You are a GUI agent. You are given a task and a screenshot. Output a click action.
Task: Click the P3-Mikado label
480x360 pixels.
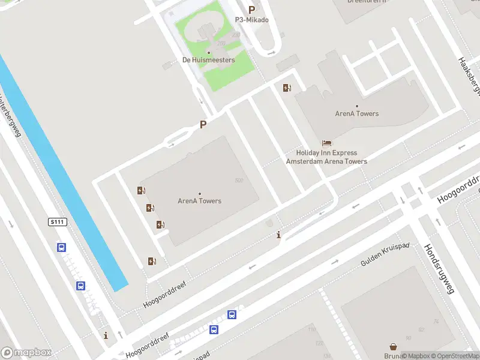tap(251, 20)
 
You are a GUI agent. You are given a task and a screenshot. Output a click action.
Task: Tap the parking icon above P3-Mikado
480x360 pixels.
tap(251, 10)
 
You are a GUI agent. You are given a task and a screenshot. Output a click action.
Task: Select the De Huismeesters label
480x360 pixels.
tap(208, 60)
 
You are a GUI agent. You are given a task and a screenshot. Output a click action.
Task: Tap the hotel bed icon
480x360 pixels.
tap(326, 143)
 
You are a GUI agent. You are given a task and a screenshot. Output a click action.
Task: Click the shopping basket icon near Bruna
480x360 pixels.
tap(393, 347)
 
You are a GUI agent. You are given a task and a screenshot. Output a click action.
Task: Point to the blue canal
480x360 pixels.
tap(66, 180)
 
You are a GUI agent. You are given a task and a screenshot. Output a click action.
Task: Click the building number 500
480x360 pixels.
tap(239, 181)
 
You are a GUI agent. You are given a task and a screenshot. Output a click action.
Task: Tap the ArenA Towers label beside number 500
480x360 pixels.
tap(200, 201)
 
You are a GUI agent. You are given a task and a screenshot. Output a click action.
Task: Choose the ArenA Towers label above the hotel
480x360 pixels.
tap(357, 113)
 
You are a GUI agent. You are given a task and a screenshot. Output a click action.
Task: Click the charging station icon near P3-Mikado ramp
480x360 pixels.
tap(287, 88)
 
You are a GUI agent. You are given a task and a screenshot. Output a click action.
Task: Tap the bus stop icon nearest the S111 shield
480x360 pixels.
tap(61, 247)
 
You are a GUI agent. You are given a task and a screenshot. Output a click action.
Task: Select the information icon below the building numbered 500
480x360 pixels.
tap(278, 235)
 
